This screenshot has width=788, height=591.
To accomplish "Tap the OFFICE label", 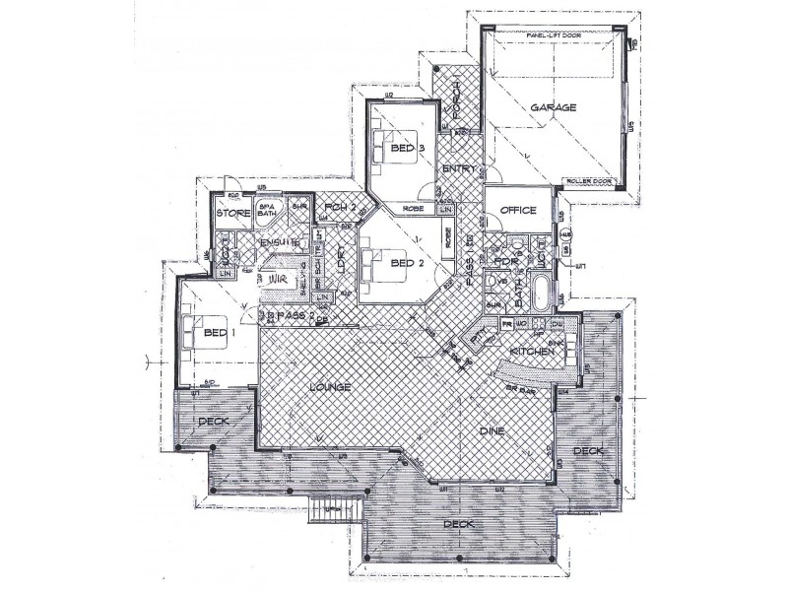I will pyautogui.click(x=517, y=211).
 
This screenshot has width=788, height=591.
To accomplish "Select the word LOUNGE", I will pyautogui.click(x=330, y=387).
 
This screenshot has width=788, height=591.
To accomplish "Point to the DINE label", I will pyautogui.click(x=492, y=430).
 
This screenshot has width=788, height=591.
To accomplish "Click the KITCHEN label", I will pyautogui.click(x=528, y=352).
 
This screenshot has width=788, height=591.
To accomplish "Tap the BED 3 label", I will pyautogui.click(x=407, y=149).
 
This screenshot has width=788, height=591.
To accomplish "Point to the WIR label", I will pyautogui.click(x=276, y=281).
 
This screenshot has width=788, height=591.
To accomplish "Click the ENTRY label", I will pyautogui.click(x=459, y=169).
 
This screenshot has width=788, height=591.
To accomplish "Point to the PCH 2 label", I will pyautogui.click(x=340, y=208).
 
